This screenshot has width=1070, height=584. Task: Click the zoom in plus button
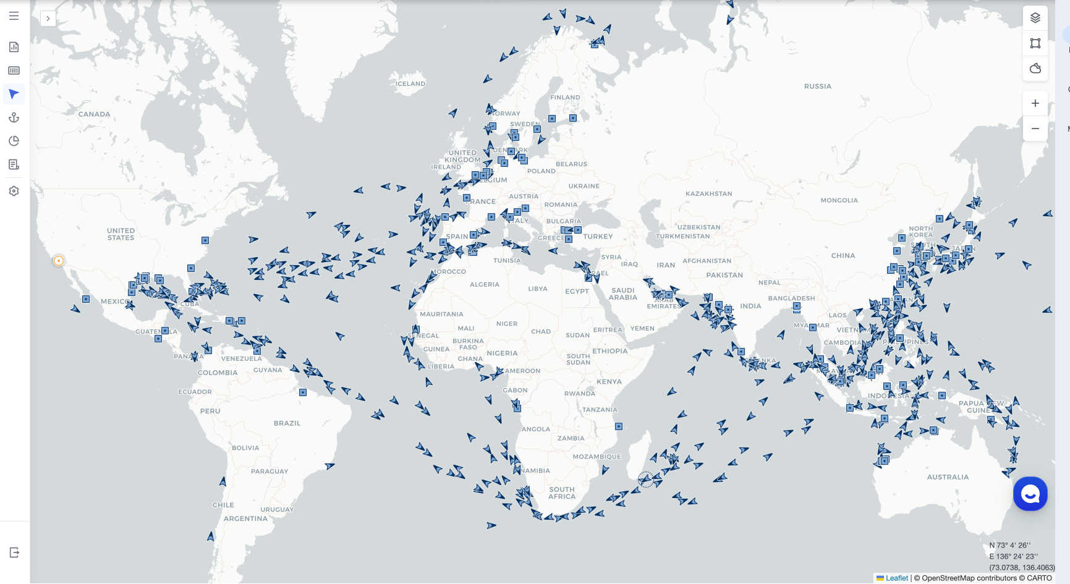1035,103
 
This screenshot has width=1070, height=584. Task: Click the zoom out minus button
1035,129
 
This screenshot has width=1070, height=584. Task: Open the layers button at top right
1035,18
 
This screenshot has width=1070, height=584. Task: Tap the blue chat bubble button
1030,494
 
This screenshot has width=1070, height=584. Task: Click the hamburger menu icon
14,16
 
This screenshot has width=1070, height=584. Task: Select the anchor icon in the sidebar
14,117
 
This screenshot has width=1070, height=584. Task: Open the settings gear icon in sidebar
14,191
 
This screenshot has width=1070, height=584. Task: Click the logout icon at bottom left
14,552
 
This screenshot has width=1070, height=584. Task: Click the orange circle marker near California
59,261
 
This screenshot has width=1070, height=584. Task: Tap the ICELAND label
410,84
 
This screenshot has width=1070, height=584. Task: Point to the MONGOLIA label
839,200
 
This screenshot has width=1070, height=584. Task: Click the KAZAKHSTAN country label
708,194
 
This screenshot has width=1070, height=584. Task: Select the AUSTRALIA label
948,477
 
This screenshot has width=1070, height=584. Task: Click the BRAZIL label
287,423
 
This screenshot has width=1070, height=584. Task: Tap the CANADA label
94,114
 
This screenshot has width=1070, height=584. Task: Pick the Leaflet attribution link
896,578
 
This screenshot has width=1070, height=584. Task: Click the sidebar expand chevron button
48,19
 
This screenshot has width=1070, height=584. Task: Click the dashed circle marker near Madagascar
645,480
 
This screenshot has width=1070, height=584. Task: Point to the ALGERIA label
484,285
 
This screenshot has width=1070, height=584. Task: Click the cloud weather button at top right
1035,68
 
